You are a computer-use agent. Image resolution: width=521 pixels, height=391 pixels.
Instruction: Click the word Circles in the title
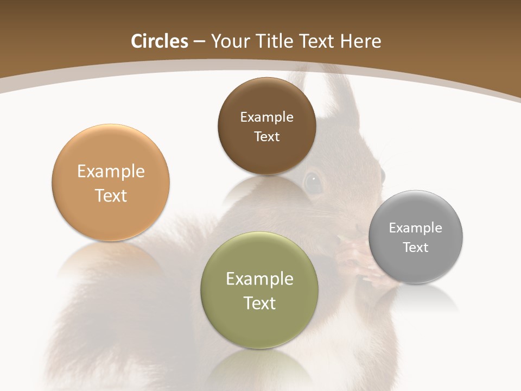click(x=159, y=41)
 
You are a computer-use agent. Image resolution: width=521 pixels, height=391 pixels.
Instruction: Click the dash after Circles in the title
click(x=199, y=42)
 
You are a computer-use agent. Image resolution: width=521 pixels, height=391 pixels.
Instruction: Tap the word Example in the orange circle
click(x=111, y=172)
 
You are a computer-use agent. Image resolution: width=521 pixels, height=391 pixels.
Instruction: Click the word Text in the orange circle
click(x=111, y=196)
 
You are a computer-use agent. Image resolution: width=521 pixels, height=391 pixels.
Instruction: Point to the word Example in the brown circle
click(x=266, y=117)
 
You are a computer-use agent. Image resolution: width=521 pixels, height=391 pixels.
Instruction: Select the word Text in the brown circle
click(x=266, y=137)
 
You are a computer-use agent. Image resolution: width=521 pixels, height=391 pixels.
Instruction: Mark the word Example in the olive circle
click(x=259, y=279)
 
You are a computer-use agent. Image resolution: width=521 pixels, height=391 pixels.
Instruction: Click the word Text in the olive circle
click(x=259, y=303)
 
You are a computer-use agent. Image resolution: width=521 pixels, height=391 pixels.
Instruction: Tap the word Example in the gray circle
click(x=416, y=228)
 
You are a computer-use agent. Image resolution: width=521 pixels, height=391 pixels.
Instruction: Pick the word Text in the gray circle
click(x=416, y=248)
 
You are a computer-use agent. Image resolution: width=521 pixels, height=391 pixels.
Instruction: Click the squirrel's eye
click(x=313, y=182)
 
